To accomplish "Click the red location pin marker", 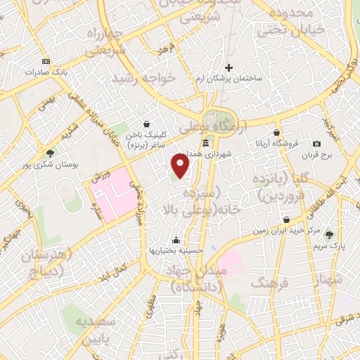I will pyautogui.click(x=181, y=167).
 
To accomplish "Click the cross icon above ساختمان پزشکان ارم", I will pyautogui.click(x=229, y=67).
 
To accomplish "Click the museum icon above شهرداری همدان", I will pyautogui.click(x=205, y=143).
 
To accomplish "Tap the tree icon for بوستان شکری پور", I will pyautogui.click(x=50, y=152).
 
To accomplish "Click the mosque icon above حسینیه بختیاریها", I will pyautogui.click(x=184, y=238).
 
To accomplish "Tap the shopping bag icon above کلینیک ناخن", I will pyautogui.click(x=146, y=123).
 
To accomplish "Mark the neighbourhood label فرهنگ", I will pyautogui.click(x=266, y=282).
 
